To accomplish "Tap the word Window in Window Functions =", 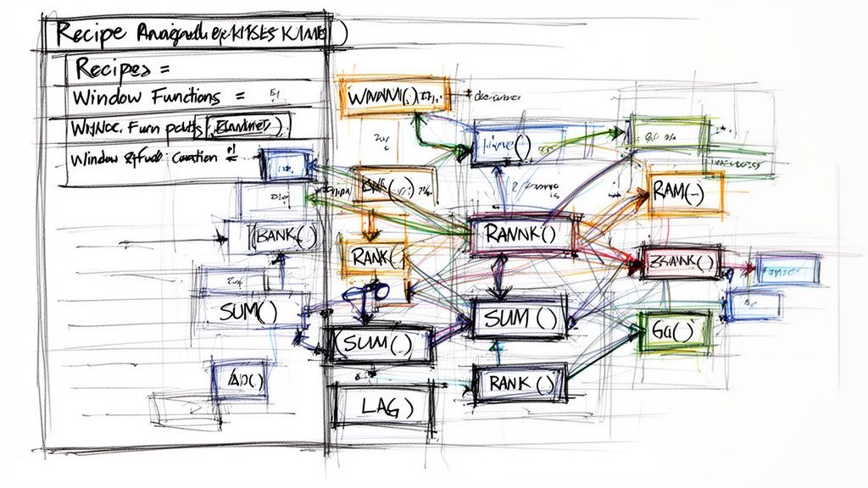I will [x=100, y=97].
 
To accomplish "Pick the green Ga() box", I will [x=675, y=330].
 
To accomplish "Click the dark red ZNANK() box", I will [x=682, y=263].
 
